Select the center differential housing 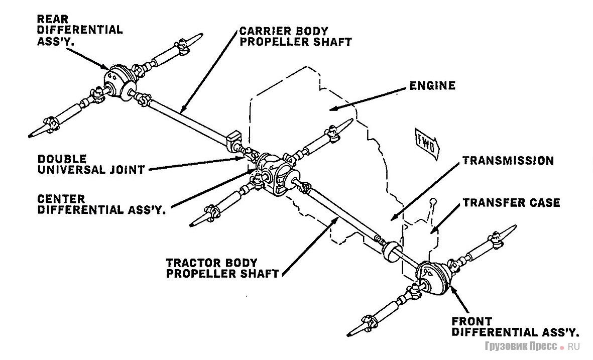click(274, 174)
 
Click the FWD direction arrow click(427, 142)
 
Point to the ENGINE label click(432, 85)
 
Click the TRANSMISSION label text click(508, 161)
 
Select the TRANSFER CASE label click(511, 203)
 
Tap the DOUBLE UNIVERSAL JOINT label click(91, 164)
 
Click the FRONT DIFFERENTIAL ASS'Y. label click(515, 326)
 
